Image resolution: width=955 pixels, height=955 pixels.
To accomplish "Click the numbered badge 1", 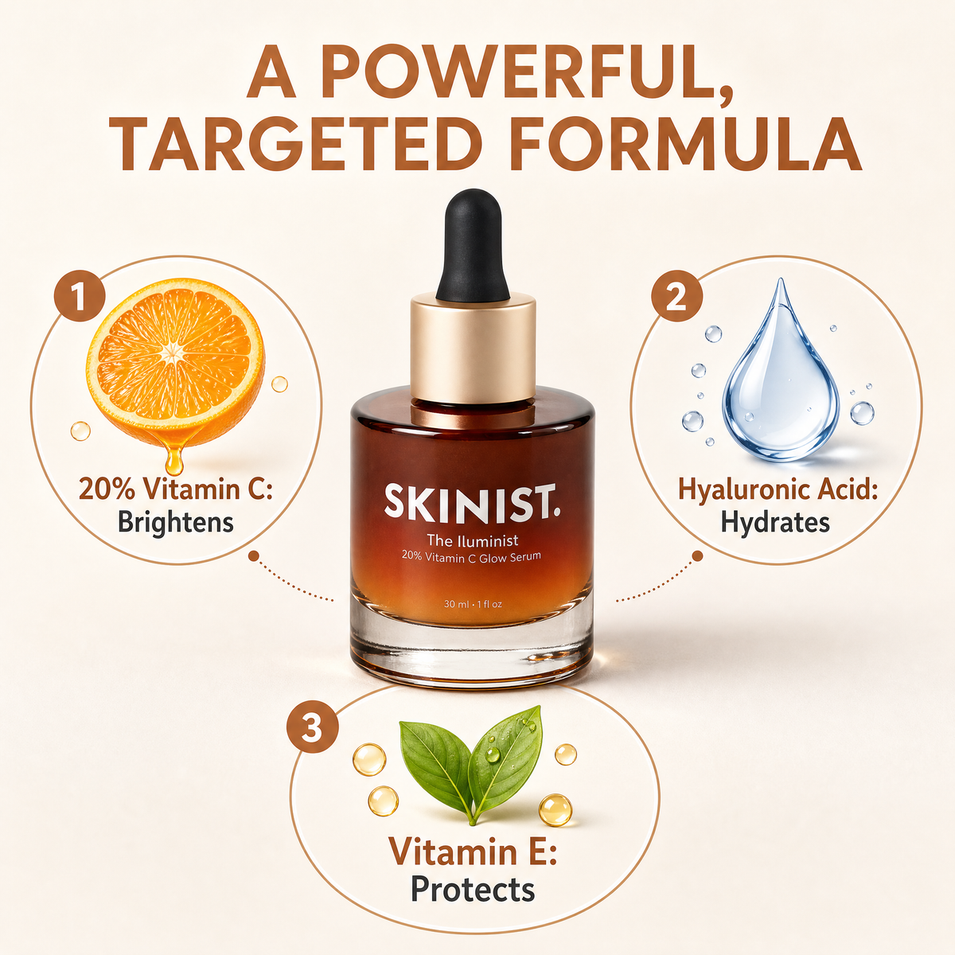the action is point(80,295).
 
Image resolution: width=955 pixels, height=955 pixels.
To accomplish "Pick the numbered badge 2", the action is point(677,296).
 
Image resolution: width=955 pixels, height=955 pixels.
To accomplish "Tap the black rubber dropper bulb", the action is point(473,247).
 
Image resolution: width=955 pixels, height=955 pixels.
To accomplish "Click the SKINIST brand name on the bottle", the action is point(472,502).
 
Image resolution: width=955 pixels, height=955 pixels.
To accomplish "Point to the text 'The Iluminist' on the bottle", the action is point(472,540).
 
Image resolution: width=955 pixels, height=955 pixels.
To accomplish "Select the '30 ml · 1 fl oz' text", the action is point(473,604).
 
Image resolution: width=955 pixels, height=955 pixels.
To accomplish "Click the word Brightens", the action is point(176,522).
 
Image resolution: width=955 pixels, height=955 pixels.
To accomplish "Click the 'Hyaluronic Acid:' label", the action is point(778,489).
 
